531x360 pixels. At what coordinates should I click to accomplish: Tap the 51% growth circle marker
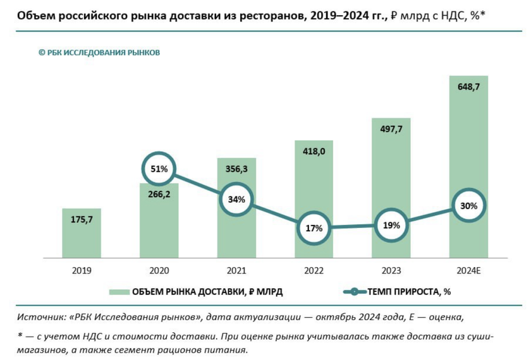click(x=159, y=169)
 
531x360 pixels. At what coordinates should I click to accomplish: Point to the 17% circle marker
click(x=314, y=228)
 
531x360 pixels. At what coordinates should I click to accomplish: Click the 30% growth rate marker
click(x=468, y=206)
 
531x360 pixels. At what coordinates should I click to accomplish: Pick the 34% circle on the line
click(x=236, y=199)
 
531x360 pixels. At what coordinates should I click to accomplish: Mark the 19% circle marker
click(x=391, y=225)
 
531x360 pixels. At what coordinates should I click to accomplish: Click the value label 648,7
click(x=468, y=88)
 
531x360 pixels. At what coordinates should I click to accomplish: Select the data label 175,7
click(x=82, y=220)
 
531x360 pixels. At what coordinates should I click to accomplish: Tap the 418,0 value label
click(x=314, y=152)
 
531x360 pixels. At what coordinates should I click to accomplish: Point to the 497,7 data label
click(x=391, y=129)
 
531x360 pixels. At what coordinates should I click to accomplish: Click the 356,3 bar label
click(x=236, y=169)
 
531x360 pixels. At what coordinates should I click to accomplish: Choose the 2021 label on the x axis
click(x=236, y=270)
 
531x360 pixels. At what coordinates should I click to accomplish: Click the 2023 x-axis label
click(x=391, y=270)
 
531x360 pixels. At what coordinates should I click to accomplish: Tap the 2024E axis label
click(x=468, y=270)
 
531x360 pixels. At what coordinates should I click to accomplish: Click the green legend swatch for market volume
click(x=118, y=292)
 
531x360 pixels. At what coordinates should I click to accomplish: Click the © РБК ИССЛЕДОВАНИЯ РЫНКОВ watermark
click(x=99, y=52)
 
